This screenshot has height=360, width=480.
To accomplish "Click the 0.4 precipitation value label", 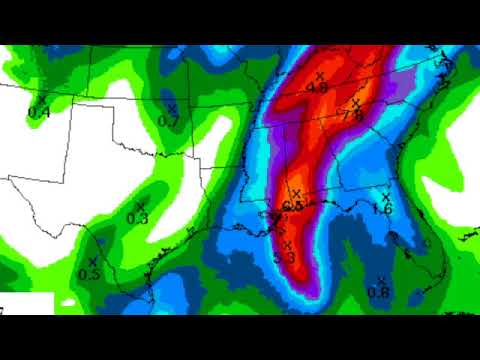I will (39, 113).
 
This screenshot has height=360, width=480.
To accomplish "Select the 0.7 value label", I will (168, 121).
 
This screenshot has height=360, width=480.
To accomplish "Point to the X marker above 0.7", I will (172, 108).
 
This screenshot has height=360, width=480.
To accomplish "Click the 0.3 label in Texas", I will (137, 218).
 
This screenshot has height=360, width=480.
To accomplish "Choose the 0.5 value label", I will (88, 274).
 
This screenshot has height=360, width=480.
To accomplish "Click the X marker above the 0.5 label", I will (92, 261).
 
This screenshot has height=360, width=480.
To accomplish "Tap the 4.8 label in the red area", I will (318, 88).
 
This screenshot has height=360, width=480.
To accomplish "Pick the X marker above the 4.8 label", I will (320, 75).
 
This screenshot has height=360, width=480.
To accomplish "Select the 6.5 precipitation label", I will (292, 206).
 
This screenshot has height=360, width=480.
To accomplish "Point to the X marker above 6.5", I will (295, 194).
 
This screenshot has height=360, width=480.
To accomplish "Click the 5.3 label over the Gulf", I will (284, 258).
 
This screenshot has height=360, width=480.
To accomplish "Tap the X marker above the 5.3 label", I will (287, 245).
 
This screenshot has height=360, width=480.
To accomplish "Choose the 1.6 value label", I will (381, 209).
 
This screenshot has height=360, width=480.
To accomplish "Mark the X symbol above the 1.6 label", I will (385, 196).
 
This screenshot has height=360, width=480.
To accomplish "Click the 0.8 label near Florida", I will (378, 292).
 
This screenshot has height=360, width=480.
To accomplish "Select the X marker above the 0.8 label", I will (381, 280).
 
